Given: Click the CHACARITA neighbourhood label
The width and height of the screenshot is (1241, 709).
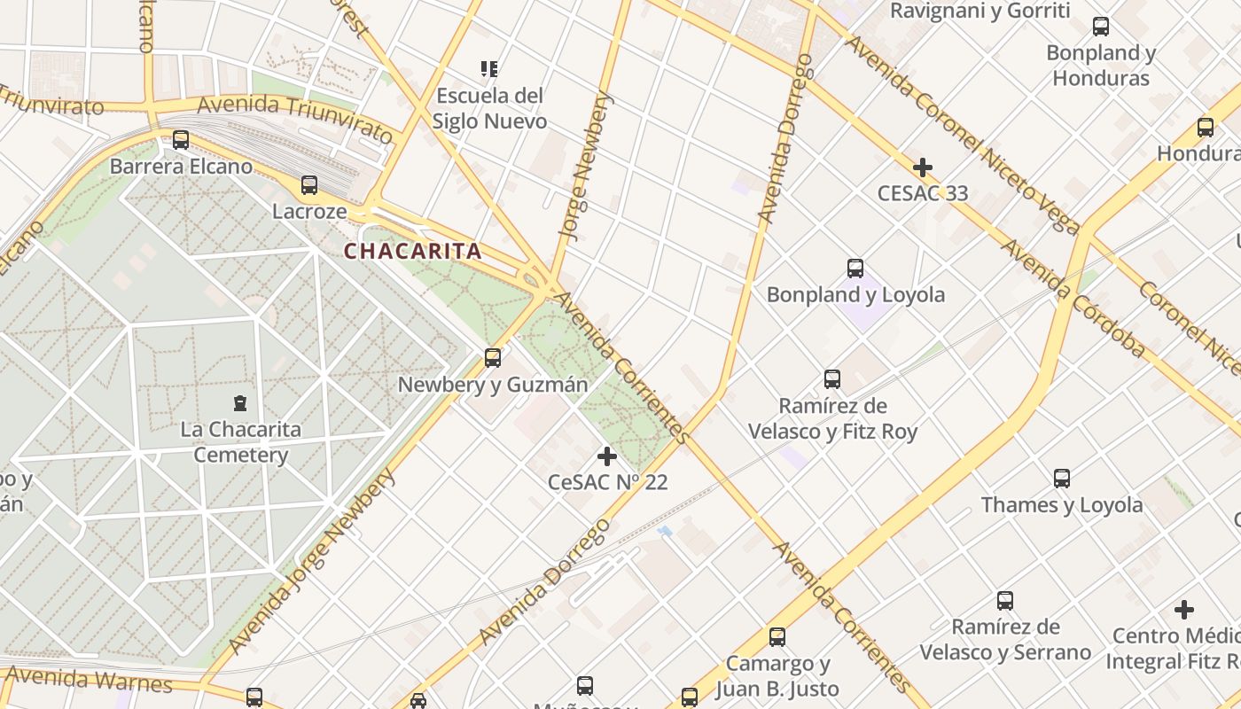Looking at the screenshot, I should pos(413,252).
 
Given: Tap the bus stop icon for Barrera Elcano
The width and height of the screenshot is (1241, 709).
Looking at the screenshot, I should pos(181,140).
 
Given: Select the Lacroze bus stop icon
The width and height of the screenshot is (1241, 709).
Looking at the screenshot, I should pos(309,185).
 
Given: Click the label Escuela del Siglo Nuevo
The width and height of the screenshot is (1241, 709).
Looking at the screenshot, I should pos(489,108).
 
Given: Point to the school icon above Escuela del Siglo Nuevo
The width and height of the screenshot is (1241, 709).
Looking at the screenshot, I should pos(488,68).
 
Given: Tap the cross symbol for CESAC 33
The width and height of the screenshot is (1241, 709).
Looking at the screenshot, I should pos(923,167).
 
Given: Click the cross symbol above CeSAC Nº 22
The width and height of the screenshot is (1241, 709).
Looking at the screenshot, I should pos(607,456).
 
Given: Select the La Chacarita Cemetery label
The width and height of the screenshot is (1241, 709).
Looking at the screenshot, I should pos(240,442).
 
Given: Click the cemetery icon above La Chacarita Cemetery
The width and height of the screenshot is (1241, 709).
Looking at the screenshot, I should pos(239,403).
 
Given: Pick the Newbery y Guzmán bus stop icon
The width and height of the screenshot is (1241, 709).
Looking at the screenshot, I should pos(493,358).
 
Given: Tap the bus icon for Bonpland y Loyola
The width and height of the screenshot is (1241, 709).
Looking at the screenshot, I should pos(855,268).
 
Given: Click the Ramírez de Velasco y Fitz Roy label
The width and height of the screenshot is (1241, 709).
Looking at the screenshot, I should pos(832,419).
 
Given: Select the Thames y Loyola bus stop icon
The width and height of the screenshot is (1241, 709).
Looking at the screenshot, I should pos(1062,479).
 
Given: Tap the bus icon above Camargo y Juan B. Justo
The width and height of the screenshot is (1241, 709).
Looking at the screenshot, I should pos(777,636).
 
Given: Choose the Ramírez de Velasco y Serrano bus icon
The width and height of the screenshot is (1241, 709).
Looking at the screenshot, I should pos(1005,601).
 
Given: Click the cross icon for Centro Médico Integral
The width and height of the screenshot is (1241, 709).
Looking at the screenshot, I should pos(1183,610).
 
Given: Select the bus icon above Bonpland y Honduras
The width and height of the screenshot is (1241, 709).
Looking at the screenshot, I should pos(1101,27).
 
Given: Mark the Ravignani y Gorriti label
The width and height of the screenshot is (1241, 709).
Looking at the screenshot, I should pos(980,11).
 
